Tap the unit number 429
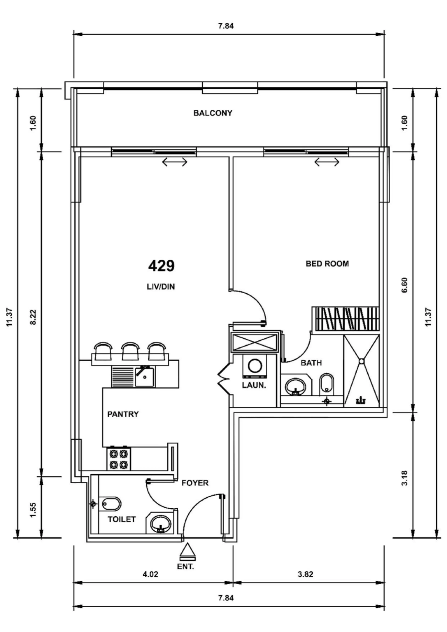coord(161,266)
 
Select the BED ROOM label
coord(327,264)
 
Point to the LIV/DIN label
coord(161,287)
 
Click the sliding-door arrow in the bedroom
coord(327,162)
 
